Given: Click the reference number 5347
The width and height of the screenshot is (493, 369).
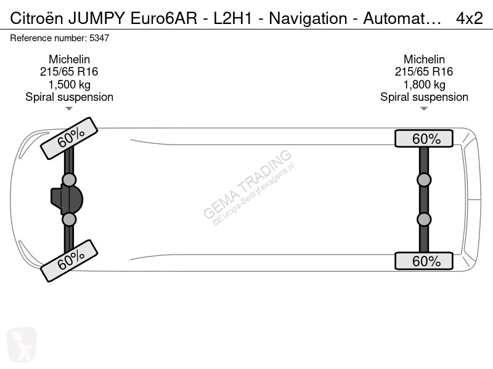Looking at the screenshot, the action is click(99, 38).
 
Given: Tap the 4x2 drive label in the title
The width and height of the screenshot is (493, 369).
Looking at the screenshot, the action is click(469, 18).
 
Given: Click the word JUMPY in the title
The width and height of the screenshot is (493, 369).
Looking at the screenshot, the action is click(97, 18).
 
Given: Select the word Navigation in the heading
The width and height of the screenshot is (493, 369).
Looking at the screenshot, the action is click(308, 18).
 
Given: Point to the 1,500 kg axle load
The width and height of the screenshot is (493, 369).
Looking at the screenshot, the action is click(69, 84).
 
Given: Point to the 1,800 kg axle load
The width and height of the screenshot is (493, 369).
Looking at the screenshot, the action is click(424, 84).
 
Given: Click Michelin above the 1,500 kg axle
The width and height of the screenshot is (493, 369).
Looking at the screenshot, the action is click(69, 59).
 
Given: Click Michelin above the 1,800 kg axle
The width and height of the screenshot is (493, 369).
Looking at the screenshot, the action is click(424, 59).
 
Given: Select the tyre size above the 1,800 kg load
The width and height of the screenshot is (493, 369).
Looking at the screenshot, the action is click(424, 71).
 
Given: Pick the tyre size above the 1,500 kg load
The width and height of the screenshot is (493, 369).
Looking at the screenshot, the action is click(69, 71).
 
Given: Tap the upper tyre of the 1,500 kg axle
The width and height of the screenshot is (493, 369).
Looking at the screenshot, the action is click(69, 138).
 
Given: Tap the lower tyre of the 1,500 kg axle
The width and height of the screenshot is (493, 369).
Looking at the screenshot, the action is click(69, 261).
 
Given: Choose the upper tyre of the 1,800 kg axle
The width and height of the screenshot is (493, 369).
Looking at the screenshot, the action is click(424, 138).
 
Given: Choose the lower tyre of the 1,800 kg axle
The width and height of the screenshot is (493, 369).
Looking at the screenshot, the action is click(424, 261).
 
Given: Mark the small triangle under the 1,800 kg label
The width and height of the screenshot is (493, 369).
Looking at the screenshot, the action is click(424, 109).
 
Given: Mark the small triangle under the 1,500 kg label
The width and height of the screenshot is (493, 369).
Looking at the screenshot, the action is click(69, 109).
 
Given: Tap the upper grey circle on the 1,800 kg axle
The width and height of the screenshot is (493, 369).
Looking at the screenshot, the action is click(424, 180).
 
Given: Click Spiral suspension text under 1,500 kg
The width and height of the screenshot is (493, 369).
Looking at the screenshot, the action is click(69, 97).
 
